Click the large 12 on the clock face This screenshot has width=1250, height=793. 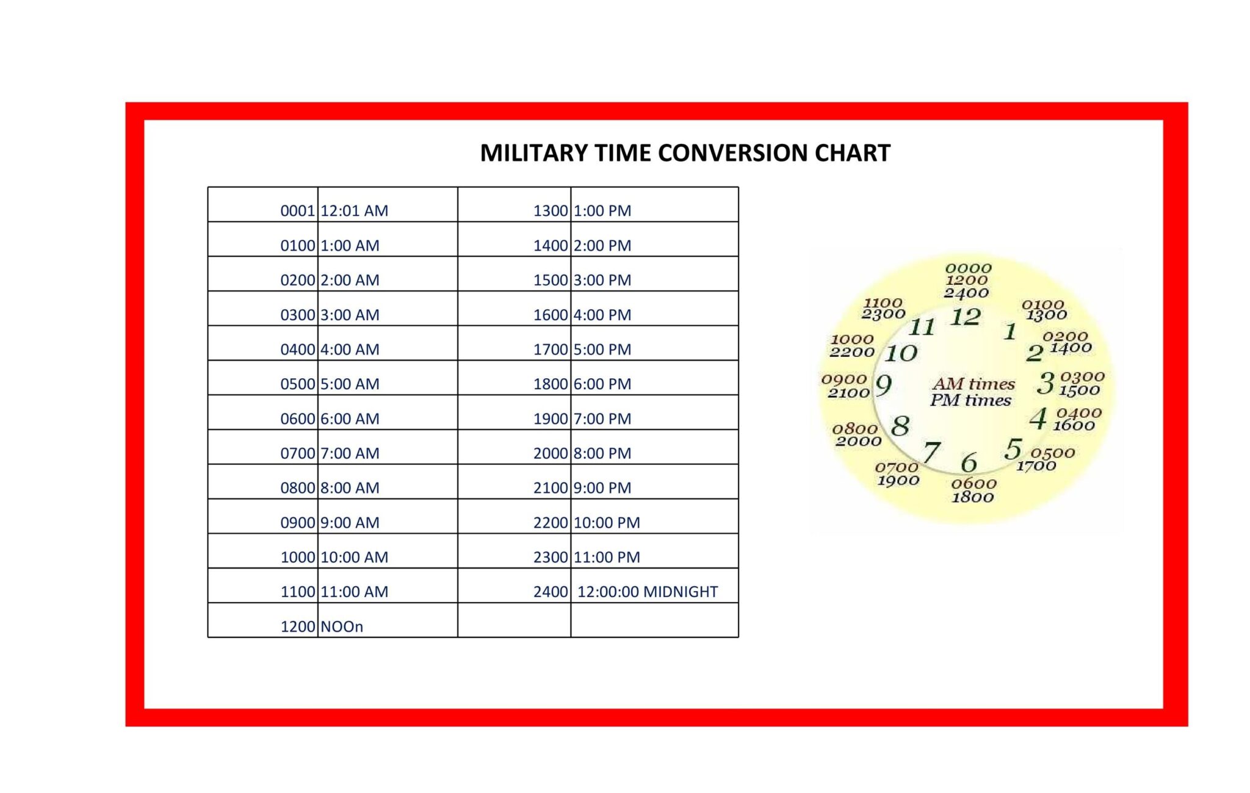click(965, 317)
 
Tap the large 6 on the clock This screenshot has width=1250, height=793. click(969, 463)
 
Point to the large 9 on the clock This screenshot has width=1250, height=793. click(883, 386)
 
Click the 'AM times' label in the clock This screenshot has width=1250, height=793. click(974, 384)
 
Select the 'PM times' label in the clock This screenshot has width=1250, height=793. click(970, 401)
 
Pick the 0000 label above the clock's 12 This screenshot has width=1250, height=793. click(968, 268)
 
